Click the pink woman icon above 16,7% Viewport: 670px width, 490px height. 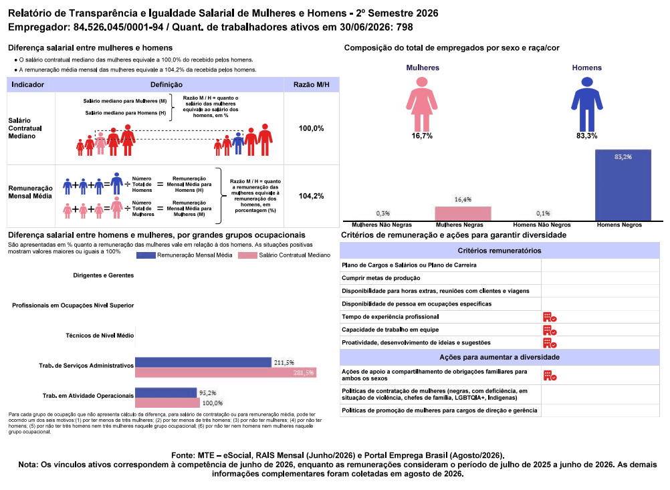[422, 104]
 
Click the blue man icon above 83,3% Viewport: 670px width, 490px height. [586, 104]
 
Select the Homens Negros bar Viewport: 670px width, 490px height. [623, 185]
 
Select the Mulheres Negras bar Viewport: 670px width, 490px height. [463, 214]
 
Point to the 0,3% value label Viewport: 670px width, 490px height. [383, 213]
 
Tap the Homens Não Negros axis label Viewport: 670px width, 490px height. [542, 225]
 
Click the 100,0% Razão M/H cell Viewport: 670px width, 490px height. [311, 128]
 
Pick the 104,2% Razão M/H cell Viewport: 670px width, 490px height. [311, 196]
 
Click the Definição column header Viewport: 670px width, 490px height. [166, 85]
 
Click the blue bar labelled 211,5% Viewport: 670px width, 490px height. [203, 362]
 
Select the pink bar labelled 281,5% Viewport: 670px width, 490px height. [225, 372]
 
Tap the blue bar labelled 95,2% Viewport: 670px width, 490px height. [166, 393]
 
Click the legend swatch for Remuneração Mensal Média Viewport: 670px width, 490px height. [146, 255]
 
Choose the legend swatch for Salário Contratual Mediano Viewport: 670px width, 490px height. [247, 255]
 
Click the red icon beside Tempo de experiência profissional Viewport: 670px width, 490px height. [550, 317]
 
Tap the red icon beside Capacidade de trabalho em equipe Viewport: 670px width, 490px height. [550, 330]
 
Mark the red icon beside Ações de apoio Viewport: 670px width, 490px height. [550, 376]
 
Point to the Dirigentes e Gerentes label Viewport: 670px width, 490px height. [104, 275]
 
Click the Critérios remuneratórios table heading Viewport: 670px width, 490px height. [499, 251]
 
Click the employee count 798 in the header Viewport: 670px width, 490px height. [405, 27]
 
